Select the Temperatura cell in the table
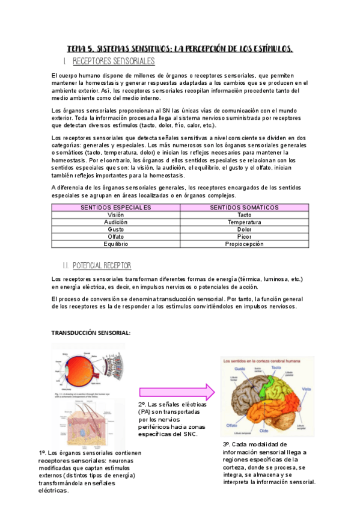click(x=244, y=222)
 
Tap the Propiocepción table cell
click(x=244, y=244)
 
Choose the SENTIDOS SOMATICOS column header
click(x=244, y=207)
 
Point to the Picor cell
click(x=244, y=237)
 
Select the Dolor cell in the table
click(x=244, y=229)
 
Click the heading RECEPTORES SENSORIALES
click(x=114, y=61)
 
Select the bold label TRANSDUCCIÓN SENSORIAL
click(x=91, y=333)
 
